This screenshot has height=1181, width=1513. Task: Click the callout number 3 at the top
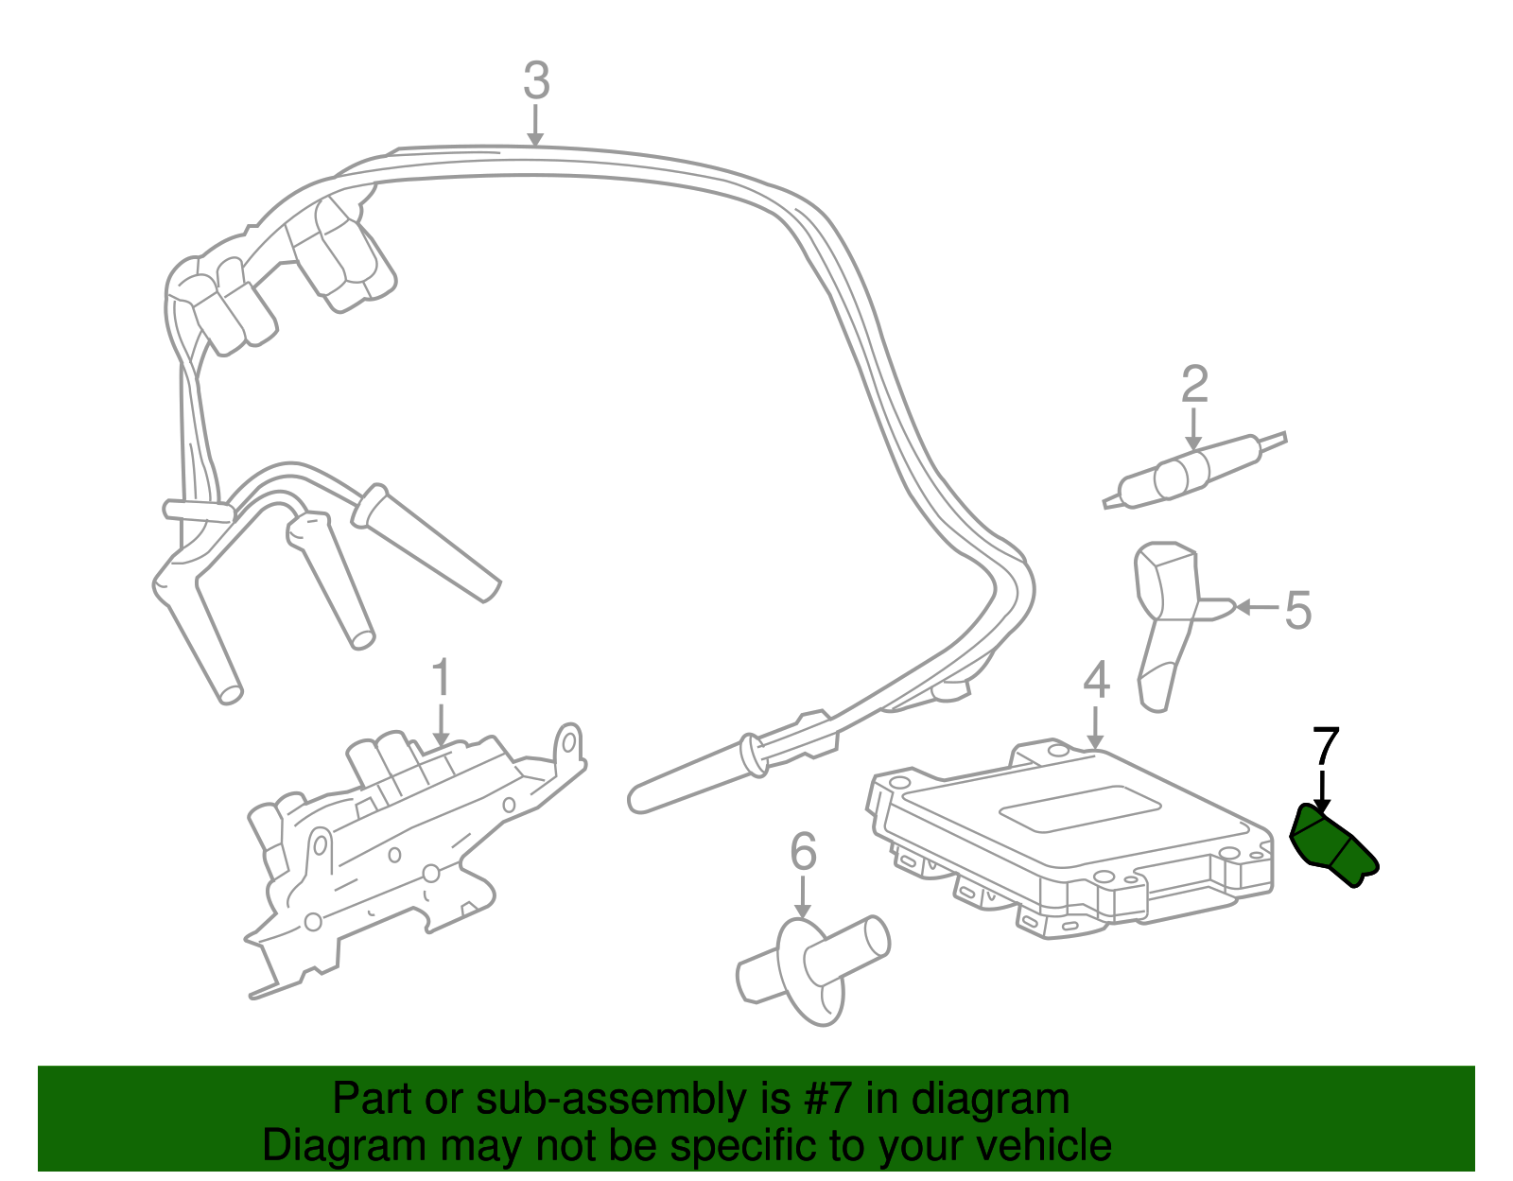click(536, 81)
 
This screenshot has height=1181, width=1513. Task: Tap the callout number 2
click(1194, 385)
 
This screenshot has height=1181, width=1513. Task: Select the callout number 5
click(1299, 610)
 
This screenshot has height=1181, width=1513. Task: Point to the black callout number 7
click(1326, 747)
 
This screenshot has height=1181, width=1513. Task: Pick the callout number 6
click(803, 852)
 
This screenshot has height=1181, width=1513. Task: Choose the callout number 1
click(440, 680)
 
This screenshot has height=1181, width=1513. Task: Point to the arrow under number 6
click(803, 897)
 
